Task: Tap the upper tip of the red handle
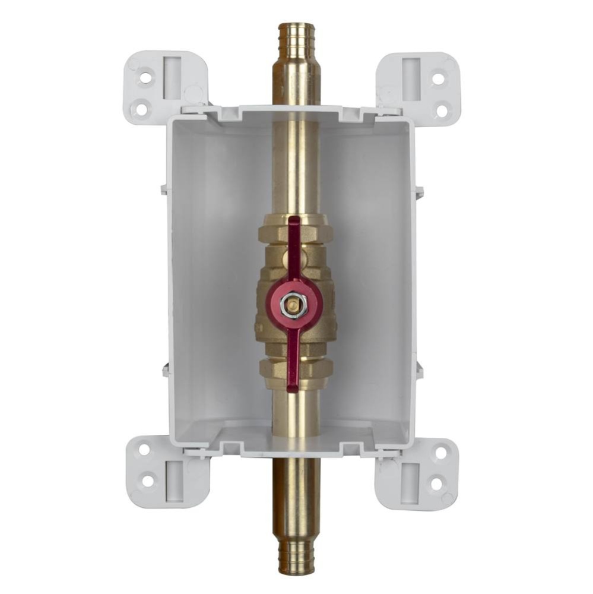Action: (x=294, y=222)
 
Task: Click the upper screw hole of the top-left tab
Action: (x=144, y=77)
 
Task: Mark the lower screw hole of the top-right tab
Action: (x=442, y=110)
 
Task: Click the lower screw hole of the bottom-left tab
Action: (x=147, y=481)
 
